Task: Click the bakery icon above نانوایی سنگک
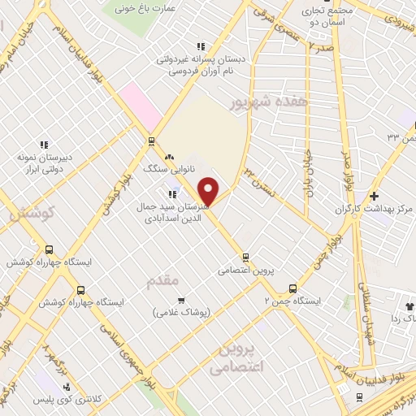169,157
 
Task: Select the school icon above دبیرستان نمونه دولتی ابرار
44,145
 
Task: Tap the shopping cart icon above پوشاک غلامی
181,300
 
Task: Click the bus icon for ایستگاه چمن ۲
292,288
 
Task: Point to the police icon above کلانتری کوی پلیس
67,386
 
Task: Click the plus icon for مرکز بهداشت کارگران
374,196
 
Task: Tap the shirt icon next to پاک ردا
409,305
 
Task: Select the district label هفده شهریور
258,103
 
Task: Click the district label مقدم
163,279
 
